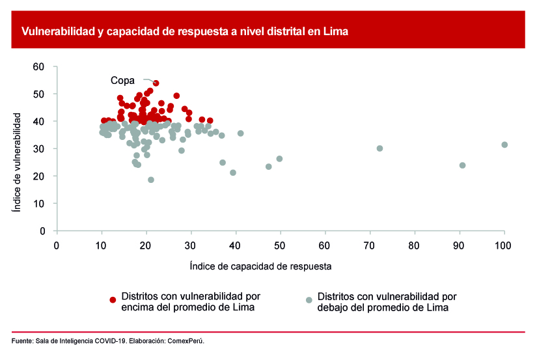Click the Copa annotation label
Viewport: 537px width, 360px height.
[122, 81]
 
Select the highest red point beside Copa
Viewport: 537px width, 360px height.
[156, 83]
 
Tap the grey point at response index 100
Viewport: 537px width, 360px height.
[504, 145]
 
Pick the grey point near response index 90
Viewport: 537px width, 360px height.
[463, 165]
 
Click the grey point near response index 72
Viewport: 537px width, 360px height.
[379, 148]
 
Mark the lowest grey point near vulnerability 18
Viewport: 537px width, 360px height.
[151, 180]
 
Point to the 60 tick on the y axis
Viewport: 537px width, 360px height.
[38, 66]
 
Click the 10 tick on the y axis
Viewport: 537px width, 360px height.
[38, 203]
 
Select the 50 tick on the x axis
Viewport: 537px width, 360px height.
[280, 245]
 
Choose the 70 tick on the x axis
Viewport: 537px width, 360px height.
[370, 245]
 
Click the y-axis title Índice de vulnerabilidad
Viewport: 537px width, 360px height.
[18, 163]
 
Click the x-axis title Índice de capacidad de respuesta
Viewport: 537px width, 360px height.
[260, 266]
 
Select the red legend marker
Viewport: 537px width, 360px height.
[113, 299]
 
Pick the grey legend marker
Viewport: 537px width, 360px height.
[309, 299]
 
